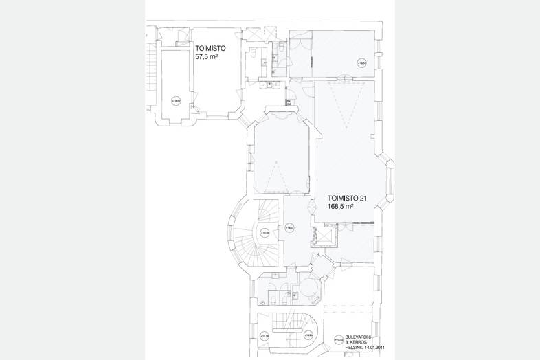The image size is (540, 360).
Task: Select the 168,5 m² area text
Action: pos(341,206)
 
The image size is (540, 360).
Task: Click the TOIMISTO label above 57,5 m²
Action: pos(210,49)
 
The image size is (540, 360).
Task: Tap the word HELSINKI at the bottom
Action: pos(354,347)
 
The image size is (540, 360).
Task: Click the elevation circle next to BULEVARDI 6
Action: pos(340,339)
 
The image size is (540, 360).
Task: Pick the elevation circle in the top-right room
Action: pos(361,63)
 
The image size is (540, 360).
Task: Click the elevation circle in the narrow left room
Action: pos(176,100)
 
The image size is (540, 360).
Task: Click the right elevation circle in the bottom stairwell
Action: pos(309,335)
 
